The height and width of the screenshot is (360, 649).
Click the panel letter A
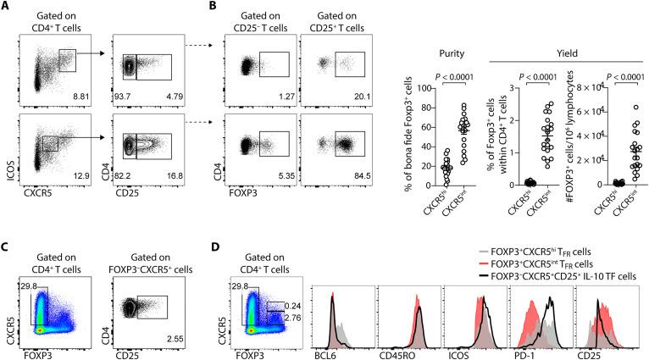[6, 7]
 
